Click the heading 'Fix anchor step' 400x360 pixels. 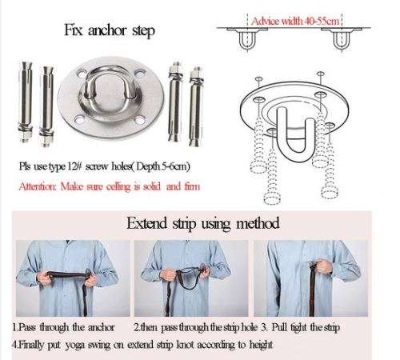tap(110, 30)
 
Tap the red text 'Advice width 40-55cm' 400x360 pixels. tap(295, 21)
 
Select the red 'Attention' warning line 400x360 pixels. tap(110, 186)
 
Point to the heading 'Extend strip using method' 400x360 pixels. tap(203, 223)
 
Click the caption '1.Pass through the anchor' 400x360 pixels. tap(63, 327)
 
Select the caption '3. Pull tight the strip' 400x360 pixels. tap(300, 327)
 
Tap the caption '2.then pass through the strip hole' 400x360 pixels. tap(196, 327)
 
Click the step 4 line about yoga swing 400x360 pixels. tap(142, 345)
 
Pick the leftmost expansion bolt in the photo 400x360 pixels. tap(26, 102)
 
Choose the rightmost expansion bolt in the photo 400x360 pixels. tap(195, 106)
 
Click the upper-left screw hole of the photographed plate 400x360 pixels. tap(81, 74)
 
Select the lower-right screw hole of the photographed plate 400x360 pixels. tap(140, 121)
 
